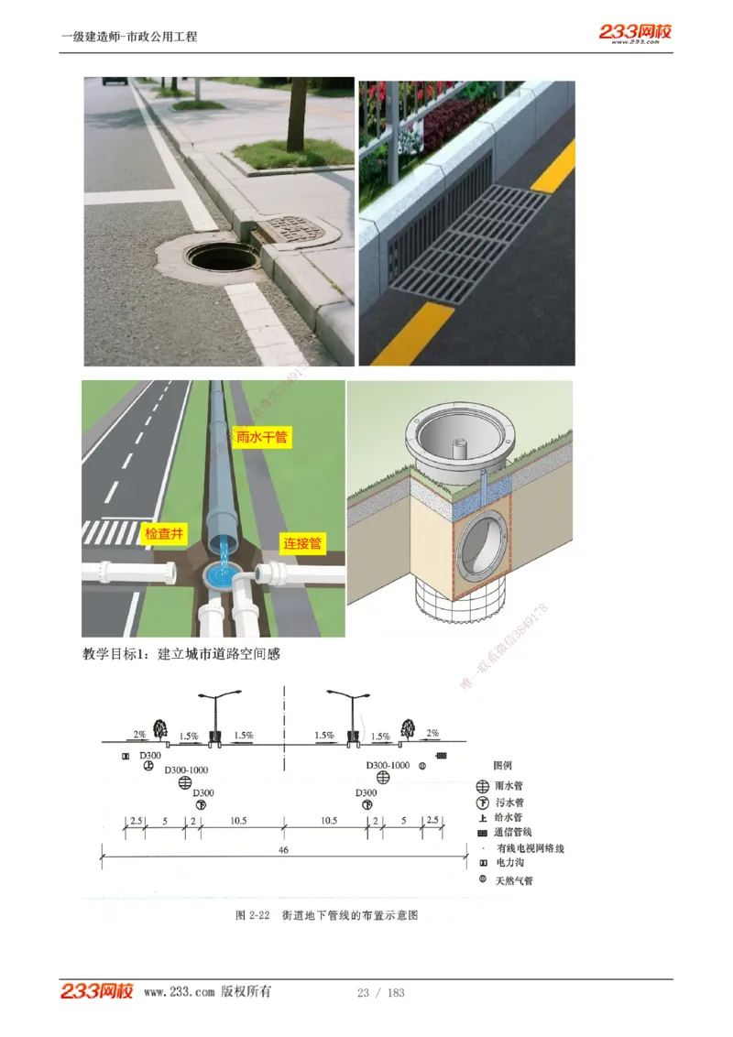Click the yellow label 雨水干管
(262, 437)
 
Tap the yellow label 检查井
(164, 533)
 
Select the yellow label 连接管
(301, 543)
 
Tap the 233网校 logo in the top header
(635, 33)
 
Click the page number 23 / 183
(380, 992)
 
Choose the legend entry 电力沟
(509, 863)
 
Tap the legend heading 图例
(502, 765)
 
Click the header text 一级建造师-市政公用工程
(129, 37)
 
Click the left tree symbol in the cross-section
(160, 729)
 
